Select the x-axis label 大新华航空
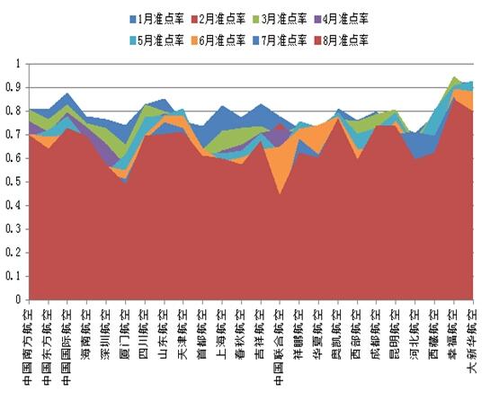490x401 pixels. click(x=472, y=341)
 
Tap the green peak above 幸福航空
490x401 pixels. click(x=453, y=79)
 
